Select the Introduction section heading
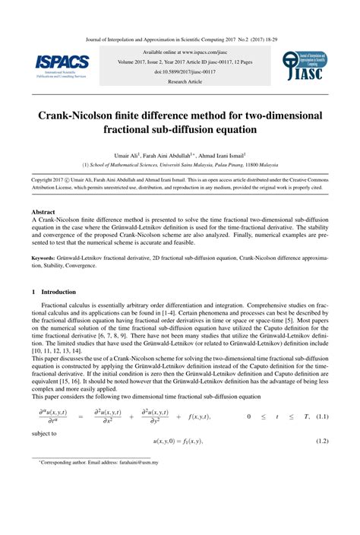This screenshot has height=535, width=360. (58, 290)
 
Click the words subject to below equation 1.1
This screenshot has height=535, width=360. (45, 433)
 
